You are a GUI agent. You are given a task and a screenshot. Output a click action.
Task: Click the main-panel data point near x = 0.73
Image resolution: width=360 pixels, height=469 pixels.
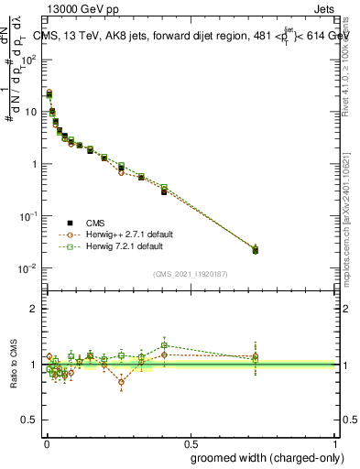coord(255,249)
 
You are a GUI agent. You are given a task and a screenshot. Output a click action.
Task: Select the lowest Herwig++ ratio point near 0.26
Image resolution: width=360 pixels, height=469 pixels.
coord(121,382)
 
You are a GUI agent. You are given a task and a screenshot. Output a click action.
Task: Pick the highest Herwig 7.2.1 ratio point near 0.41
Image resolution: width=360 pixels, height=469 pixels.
coord(164,345)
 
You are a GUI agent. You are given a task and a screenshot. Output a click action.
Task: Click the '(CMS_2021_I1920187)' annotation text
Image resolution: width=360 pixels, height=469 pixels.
coord(190,272)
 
